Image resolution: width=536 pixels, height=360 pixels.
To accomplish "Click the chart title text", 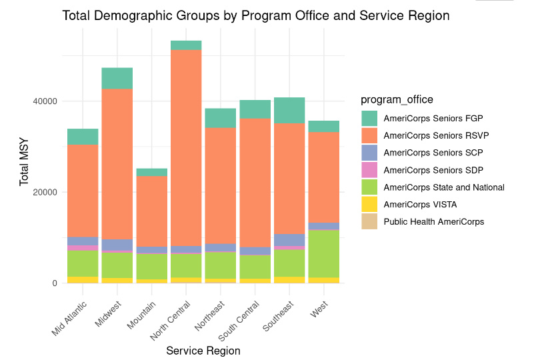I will coord(256,15).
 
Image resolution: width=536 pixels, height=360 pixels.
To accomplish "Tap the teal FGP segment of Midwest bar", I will coord(117,79).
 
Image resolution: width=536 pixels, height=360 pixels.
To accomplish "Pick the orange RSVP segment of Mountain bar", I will coord(151,211).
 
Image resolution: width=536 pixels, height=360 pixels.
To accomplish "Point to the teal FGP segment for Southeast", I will coord(289,111).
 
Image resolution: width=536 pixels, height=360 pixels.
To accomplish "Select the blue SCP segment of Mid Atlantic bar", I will coord(83,241).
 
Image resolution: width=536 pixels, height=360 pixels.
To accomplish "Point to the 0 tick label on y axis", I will coord(54,283).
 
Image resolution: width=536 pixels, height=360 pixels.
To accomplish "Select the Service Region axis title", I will coord(203,351).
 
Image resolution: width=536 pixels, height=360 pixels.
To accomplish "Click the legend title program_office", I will coord(397,99).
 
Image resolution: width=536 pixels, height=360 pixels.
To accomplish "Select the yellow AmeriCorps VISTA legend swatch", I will coord(369,205).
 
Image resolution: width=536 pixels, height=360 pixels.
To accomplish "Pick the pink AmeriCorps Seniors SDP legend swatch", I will coord(369,170).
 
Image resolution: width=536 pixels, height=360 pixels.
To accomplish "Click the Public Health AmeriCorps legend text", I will coord(438,222).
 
